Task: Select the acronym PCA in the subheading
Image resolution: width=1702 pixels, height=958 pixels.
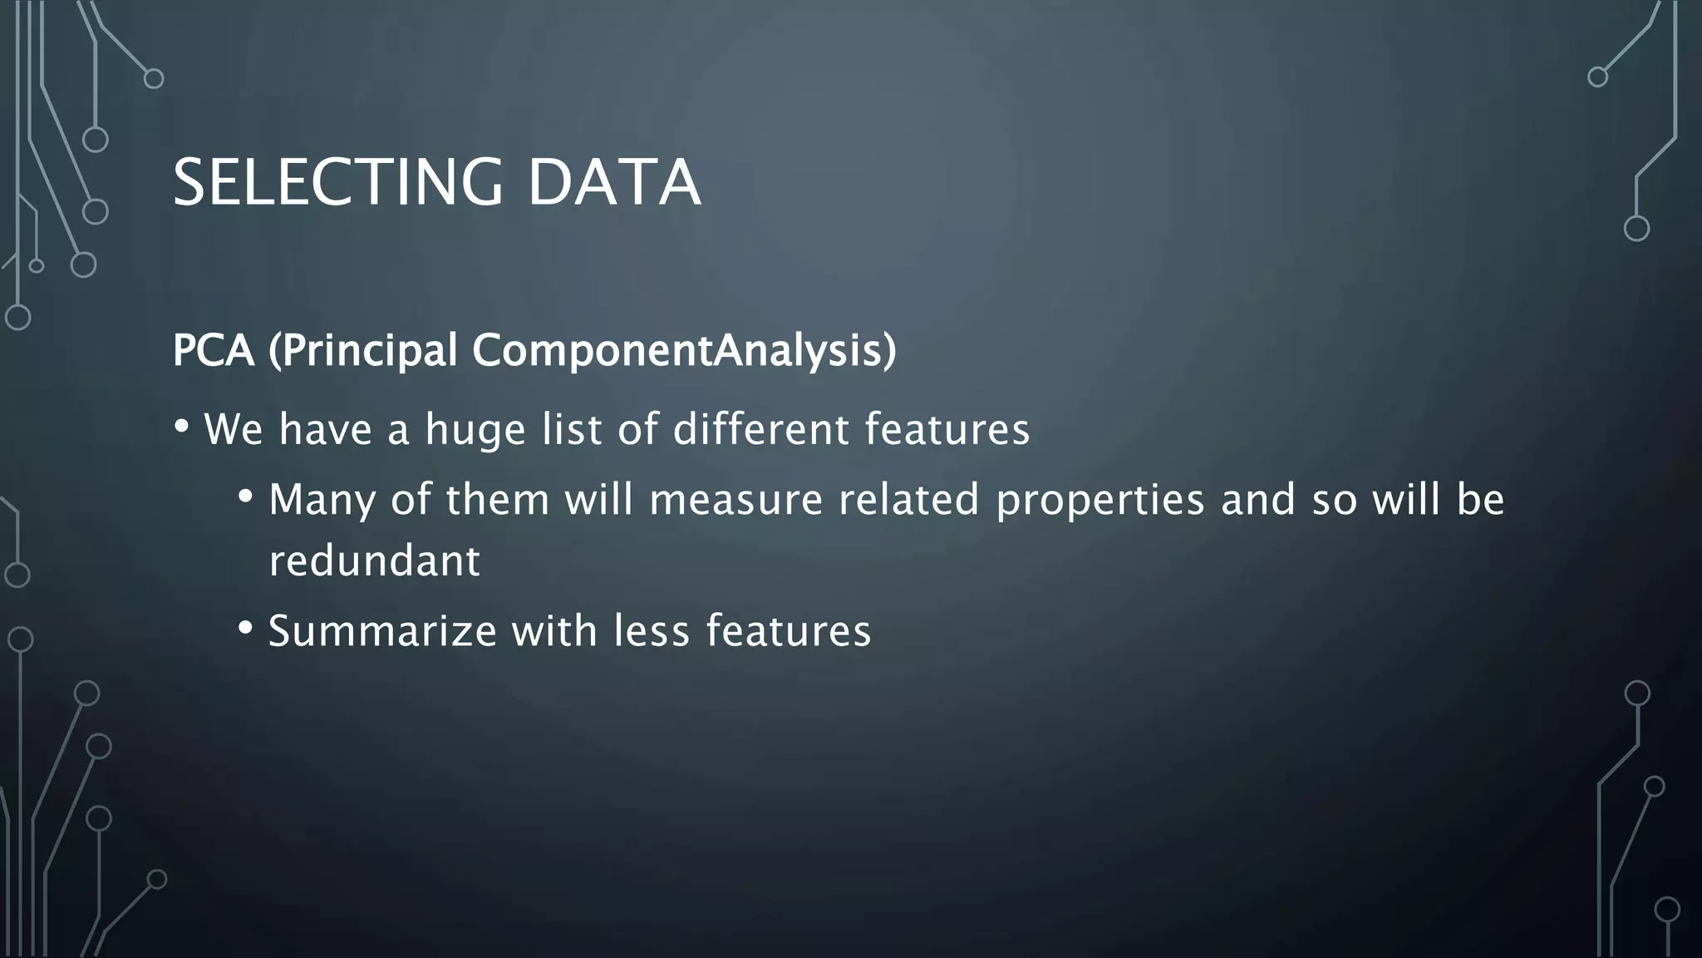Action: (213, 350)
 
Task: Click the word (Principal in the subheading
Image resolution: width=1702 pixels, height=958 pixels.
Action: (363, 350)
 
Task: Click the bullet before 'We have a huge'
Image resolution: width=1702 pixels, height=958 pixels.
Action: (181, 427)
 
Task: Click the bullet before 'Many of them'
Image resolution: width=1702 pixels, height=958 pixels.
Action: (245, 497)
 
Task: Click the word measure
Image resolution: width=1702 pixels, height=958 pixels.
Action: (735, 500)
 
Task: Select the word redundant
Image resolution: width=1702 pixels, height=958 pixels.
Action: (374, 560)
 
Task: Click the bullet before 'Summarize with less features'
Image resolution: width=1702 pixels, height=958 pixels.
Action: (245, 628)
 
